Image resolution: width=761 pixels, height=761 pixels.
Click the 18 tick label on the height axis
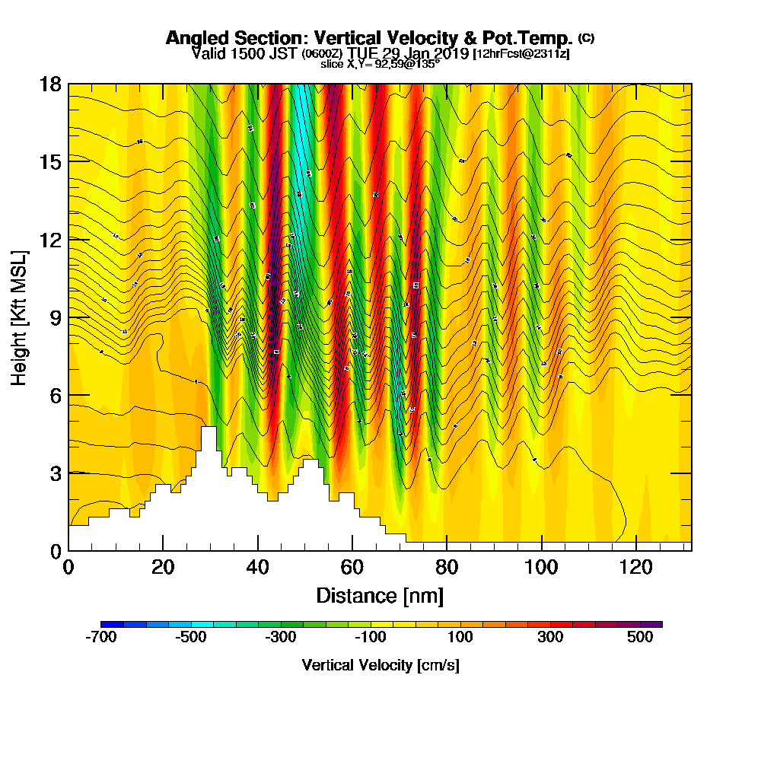click(51, 84)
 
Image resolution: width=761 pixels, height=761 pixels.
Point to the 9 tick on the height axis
click(68, 317)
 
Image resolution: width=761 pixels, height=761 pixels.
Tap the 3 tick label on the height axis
click(55, 473)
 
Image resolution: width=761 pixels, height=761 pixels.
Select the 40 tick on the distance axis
click(258, 550)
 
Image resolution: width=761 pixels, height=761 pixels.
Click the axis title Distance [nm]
click(380, 595)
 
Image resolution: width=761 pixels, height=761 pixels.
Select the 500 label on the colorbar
click(640, 638)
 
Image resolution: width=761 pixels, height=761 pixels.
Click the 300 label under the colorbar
click(550, 638)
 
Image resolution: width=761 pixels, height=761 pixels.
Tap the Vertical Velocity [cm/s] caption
click(380, 665)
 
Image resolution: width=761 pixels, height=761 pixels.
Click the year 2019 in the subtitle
click(448, 53)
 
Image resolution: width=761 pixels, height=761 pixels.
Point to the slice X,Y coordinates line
click(380, 65)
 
